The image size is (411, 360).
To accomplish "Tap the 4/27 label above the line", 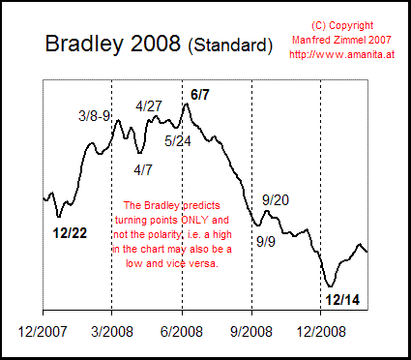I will point(149,105).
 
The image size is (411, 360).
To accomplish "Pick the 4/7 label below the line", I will point(143,169).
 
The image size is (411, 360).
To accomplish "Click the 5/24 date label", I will point(177,140).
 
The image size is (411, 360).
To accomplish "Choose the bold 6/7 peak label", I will point(200,94).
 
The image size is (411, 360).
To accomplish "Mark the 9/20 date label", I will point(276,199).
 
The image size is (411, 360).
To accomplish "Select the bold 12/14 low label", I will point(343,300).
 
